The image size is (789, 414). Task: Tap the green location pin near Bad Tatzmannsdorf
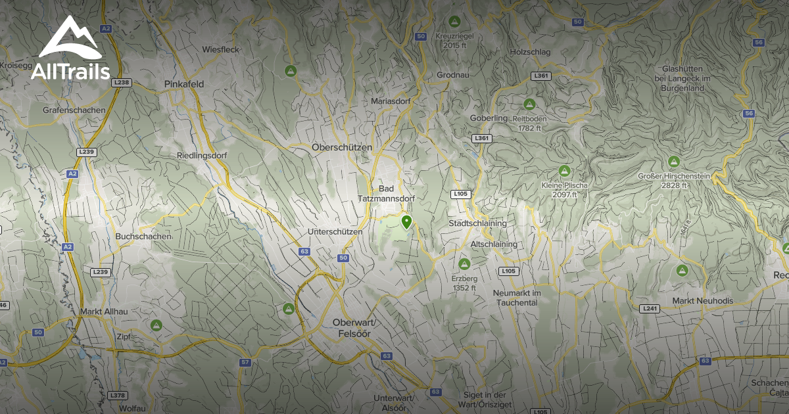[406, 222]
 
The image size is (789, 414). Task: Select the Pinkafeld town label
[184, 84]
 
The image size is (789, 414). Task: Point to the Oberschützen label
[342, 147]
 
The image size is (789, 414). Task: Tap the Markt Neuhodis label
[702, 301]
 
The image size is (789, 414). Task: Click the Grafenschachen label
[74, 110]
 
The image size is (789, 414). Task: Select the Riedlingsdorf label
[201, 156]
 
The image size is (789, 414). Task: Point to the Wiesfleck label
[220, 50]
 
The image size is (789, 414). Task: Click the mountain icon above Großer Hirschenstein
[673, 162]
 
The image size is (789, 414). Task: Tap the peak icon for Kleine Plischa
[563, 171]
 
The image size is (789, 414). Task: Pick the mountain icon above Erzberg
[464, 264]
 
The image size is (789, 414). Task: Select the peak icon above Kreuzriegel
[454, 22]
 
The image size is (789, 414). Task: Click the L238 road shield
[122, 82]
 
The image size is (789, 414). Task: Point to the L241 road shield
[650, 308]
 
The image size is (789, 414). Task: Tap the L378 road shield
[118, 395]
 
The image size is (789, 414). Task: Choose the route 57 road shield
[245, 362]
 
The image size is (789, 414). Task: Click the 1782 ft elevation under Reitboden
[529, 128]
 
